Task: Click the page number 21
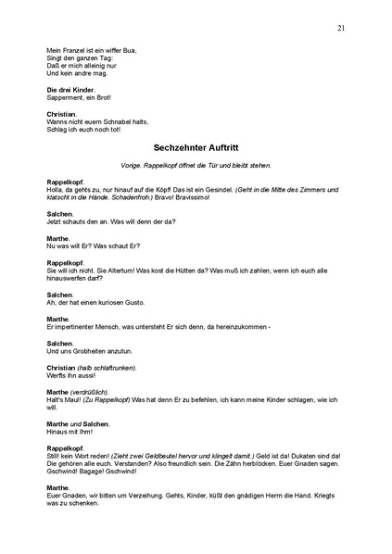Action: click(342, 29)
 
